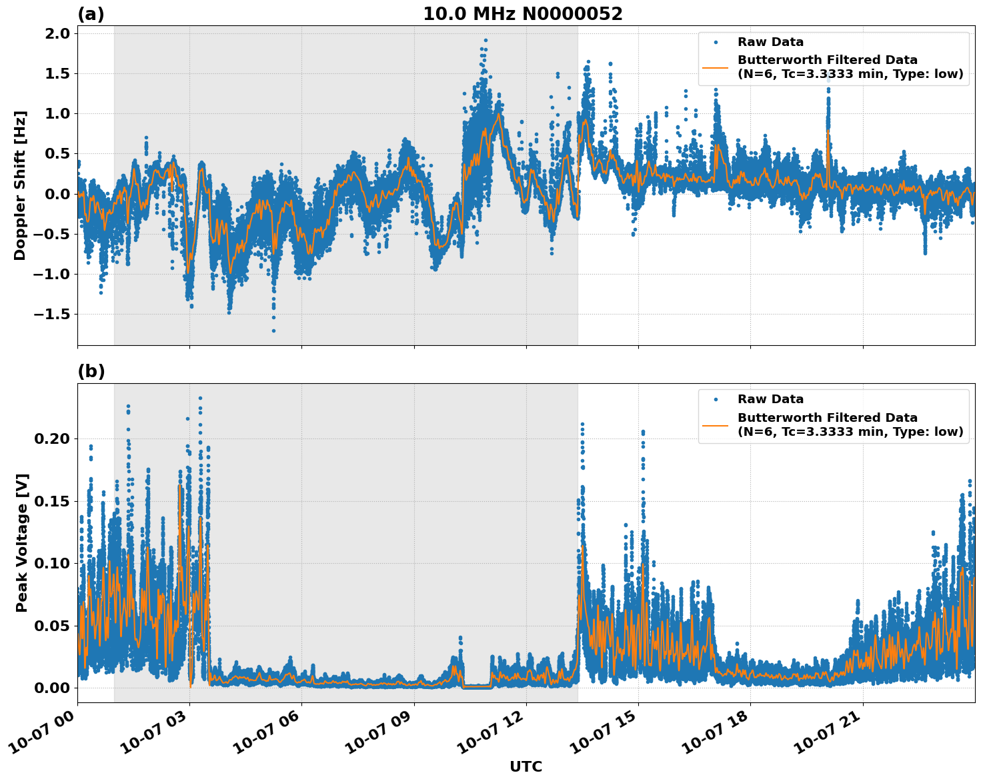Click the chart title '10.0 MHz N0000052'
point(522,14)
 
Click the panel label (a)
point(91,14)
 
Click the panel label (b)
point(91,371)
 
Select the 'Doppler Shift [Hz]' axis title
point(20,185)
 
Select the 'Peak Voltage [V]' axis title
point(22,542)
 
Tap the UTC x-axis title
point(526,766)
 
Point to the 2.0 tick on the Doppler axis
point(57,34)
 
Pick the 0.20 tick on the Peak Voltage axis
point(53,439)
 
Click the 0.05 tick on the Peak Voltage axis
point(53,626)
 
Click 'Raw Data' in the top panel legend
point(770,42)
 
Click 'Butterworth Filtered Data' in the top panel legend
point(827,60)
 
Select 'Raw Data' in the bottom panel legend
point(770,399)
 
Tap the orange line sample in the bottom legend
point(715,424)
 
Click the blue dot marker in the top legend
point(715,42)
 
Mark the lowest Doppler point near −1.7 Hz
point(273,331)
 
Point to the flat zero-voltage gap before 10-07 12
point(476,686)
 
